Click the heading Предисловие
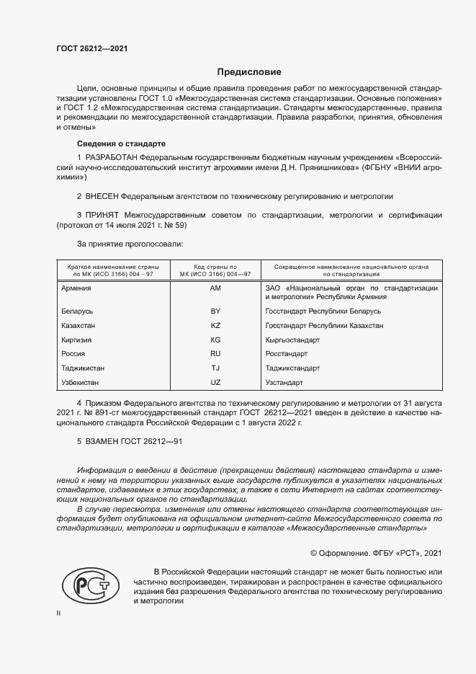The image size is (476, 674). coord(249,72)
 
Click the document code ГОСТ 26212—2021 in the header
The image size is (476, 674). coord(91,49)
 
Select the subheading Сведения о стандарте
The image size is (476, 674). coord(121,144)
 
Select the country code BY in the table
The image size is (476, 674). coord(215,311)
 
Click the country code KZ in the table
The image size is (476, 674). coord(215,326)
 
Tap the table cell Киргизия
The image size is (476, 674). coord(78,340)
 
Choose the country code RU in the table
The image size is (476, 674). coord(215,354)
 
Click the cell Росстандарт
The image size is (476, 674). coord(287,354)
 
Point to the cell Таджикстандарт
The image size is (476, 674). coord(292,368)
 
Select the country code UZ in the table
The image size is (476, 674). coord(215,381)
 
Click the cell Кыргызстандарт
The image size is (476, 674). coord(292,340)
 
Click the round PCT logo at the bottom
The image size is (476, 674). coord(91,584)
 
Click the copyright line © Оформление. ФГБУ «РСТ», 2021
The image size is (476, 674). coord(375,553)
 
